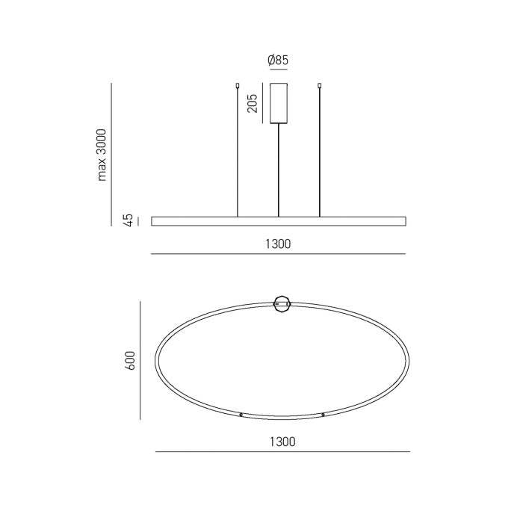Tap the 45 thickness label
coord(129,220)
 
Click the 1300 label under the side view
coord(278,244)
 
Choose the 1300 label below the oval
coord(282,442)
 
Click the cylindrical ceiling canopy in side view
coord(279,103)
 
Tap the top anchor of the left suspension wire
coord(238,85)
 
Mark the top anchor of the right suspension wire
coord(320,85)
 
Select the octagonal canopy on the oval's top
coord(282,303)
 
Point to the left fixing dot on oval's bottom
coord(241,414)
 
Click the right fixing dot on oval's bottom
coord(323,414)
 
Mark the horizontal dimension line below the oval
coord(282,453)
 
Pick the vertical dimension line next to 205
coord(262,102)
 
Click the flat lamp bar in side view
coord(279,221)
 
